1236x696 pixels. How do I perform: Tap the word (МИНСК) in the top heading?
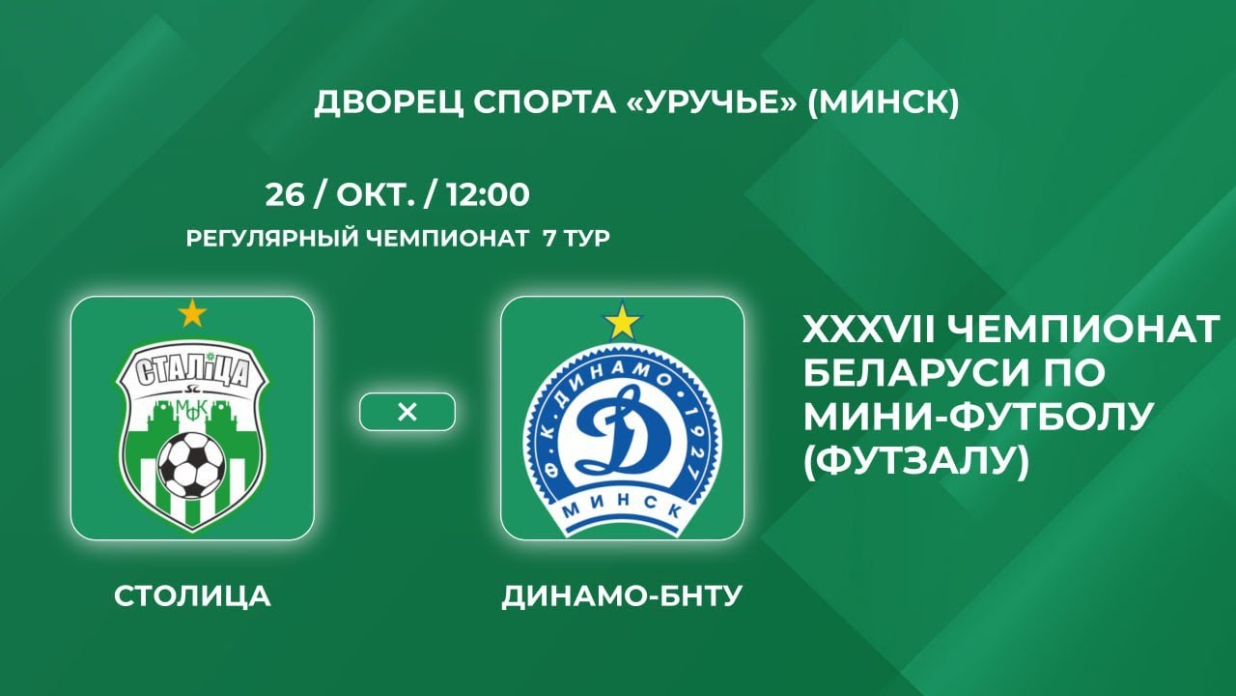[883, 102]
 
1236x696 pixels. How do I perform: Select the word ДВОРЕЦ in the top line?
[389, 103]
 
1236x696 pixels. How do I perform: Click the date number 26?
[285, 194]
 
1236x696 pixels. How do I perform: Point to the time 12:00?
[488, 194]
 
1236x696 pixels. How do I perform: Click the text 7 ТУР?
[576, 239]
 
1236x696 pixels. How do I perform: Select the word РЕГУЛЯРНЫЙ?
[272, 239]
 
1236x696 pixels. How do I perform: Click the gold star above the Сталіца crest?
[192, 313]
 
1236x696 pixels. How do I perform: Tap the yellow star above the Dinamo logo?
[623, 322]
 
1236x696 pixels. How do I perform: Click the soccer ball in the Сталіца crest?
[191, 464]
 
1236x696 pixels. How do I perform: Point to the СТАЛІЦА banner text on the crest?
[192, 372]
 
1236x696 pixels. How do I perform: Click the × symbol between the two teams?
[407, 412]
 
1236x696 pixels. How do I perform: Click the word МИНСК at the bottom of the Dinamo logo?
[623, 510]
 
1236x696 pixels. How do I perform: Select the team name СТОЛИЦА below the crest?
[192, 596]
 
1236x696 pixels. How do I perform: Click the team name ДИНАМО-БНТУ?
[622, 596]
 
